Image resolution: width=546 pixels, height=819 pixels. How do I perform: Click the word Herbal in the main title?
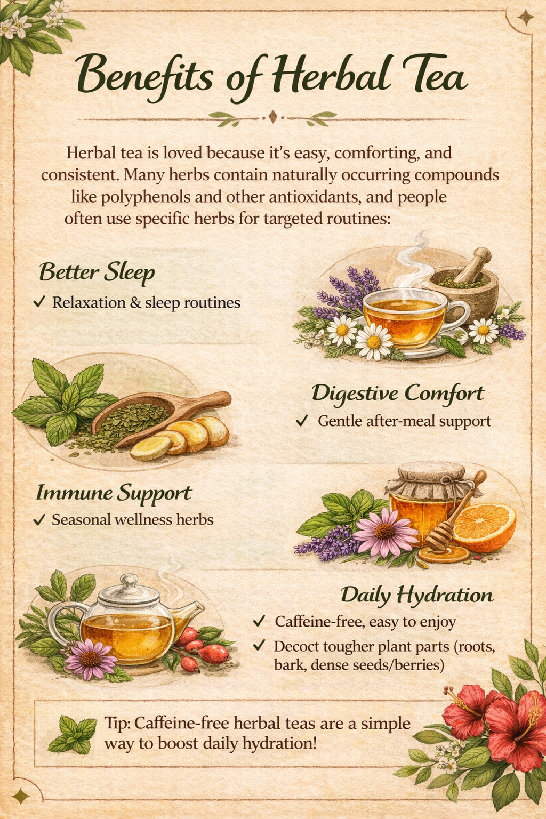[331, 77]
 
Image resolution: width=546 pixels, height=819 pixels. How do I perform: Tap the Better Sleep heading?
[97, 272]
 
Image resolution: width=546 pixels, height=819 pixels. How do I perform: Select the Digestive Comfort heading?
[397, 394]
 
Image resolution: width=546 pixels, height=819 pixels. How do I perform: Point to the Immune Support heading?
[113, 493]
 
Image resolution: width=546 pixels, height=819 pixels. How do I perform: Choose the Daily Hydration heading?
[416, 595]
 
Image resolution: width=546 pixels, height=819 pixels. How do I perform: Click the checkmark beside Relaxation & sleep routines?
[38, 302]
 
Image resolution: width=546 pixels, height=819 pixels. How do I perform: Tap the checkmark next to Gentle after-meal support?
[302, 421]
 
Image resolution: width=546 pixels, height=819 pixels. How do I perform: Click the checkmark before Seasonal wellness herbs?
[38, 519]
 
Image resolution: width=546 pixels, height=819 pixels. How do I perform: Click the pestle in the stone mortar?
[474, 264]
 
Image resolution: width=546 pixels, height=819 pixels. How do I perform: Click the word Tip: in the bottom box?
[118, 724]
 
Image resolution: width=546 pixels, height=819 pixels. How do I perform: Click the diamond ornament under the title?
[273, 116]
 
